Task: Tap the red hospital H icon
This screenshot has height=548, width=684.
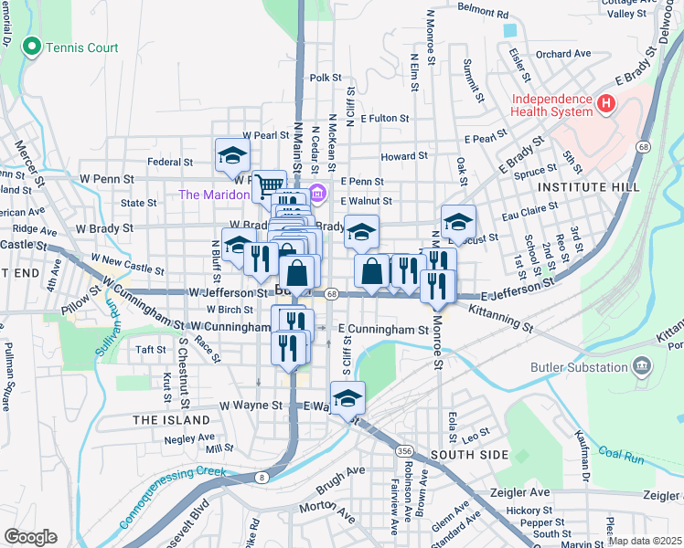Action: coord(604,105)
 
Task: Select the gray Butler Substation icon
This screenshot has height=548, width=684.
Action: coord(643,368)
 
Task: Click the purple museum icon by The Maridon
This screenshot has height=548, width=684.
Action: coord(317,194)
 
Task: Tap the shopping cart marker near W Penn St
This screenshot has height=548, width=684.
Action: coord(269,185)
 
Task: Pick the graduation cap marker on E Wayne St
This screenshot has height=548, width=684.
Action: coord(347,397)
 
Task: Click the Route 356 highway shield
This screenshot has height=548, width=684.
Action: coord(402,451)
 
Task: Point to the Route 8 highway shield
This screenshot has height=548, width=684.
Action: coord(263,476)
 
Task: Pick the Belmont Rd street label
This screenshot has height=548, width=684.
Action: coord(482,14)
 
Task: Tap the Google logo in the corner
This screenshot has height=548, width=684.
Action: coord(30,537)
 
